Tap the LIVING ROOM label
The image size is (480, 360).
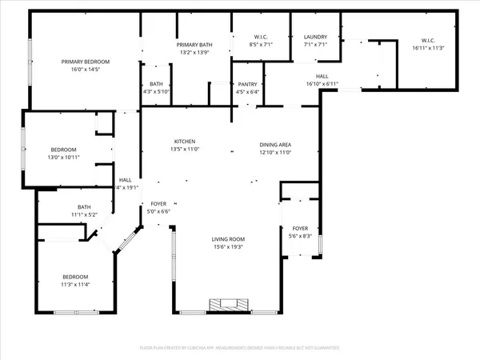(x=228, y=239)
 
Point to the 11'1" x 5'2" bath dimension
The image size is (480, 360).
(x=83, y=214)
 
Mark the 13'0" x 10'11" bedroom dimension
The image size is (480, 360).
(x=64, y=158)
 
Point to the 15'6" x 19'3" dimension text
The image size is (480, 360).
(x=228, y=247)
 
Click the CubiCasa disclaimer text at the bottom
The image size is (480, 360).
(x=240, y=349)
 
